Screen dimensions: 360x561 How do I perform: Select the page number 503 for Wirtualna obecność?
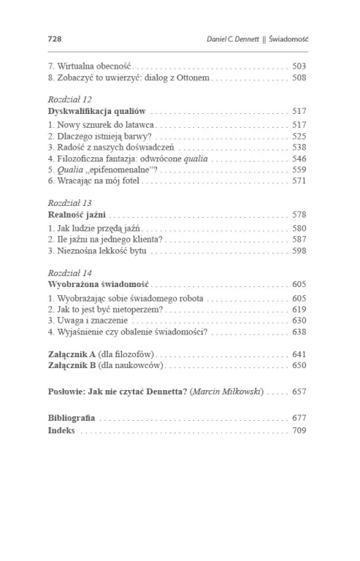(299, 66)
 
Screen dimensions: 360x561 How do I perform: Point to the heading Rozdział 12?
(69, 99)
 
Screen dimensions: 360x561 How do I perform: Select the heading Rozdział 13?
(69, 202)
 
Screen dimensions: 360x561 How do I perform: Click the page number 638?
(299, 331)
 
